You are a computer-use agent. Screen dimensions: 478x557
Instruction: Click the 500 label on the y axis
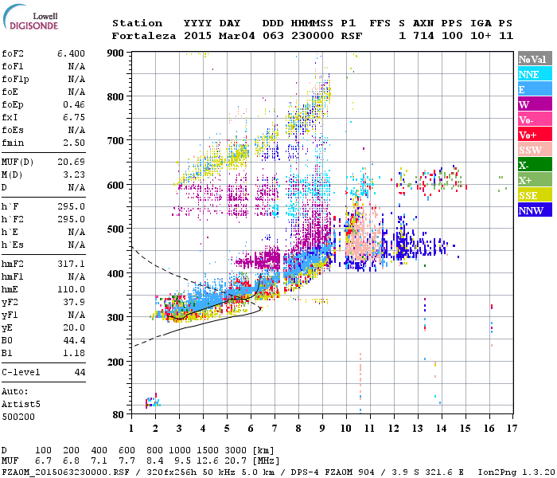click(x=117, y=229)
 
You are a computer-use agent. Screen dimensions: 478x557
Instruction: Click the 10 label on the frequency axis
click(x=345, y=428)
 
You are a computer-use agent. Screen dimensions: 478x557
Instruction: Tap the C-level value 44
click(x=80, y=373)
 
